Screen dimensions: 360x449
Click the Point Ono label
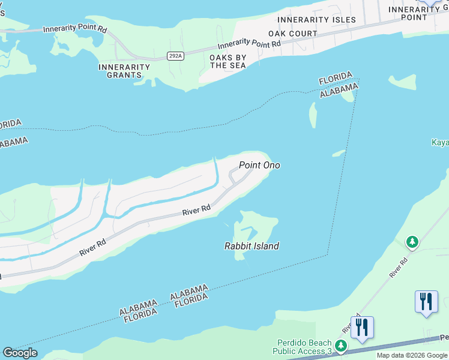259,165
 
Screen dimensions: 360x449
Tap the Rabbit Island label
252,246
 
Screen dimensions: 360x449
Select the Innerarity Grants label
124,71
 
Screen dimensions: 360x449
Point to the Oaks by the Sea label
228,61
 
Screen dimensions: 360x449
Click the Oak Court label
293,34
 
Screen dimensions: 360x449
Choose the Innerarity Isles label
317,20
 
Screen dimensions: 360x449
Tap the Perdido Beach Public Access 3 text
302,347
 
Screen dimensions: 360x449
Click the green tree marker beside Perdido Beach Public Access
341,346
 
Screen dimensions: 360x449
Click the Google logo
20,353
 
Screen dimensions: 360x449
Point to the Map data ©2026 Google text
411,355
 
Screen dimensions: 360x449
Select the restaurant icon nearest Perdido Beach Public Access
362,328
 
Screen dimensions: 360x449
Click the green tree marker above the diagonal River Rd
412,242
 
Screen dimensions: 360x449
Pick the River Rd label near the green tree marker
399,267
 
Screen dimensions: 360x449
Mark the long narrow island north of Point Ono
313,115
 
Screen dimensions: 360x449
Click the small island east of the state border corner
402,82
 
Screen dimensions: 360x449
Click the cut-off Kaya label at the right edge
440,142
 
